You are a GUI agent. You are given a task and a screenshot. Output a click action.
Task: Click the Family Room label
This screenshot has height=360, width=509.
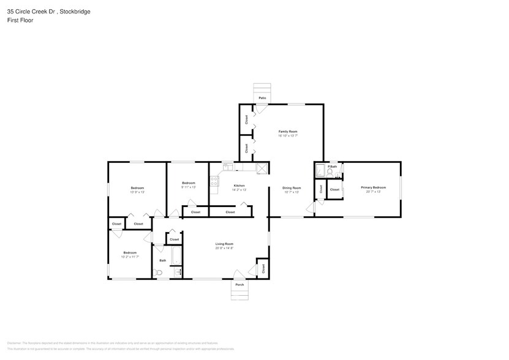(x=288, y=132)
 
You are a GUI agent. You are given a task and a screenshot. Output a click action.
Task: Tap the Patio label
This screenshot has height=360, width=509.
(x=262, y=98)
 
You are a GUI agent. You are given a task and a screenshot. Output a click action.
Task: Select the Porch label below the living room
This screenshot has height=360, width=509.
(x=239, y=285)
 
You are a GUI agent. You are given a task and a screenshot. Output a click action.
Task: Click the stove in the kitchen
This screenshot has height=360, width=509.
(x=214, y=181)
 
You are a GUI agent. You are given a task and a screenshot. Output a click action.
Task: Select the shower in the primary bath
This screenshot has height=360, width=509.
(x=319, y=170)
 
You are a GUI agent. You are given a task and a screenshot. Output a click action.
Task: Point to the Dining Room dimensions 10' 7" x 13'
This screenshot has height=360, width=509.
(x=292, y=192)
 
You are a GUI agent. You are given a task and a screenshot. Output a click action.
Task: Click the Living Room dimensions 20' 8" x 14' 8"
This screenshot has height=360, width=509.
(x=225, y=248)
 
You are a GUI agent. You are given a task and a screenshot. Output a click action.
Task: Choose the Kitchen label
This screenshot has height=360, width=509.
(x=239, y=186)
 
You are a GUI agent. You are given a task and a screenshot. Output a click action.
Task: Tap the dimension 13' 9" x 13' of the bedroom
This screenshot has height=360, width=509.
(x=137, y=192)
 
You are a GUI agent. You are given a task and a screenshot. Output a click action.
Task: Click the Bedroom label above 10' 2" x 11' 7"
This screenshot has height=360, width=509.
(x=129, y=253)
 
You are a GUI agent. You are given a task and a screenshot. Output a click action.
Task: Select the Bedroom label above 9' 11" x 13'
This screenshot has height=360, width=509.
(x=188, y=183)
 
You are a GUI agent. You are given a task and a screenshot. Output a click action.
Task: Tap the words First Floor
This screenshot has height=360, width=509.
(x=20, y=20)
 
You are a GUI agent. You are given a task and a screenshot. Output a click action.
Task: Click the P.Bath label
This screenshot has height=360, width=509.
(x=333, y=167)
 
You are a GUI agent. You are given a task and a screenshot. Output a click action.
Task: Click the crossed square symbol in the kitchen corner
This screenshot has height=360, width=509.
(x=262, y=168)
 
